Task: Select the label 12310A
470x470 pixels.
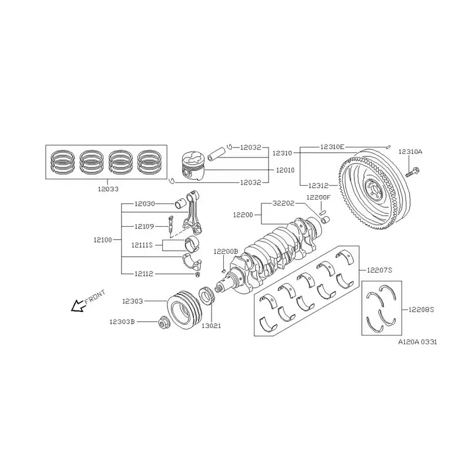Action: (x=410, y=152)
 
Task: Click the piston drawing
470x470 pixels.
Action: (x=193, y=166)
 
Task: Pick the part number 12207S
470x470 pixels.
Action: (x=380, y=270)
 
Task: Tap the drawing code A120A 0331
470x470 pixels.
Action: (x=417, y=341)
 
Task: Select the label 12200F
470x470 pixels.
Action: (x=318, y=197)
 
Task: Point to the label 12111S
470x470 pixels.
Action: (x=142, y=244)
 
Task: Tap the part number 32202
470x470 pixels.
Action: (x=284, y=203)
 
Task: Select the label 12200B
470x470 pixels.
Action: (x=226, y=251)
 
